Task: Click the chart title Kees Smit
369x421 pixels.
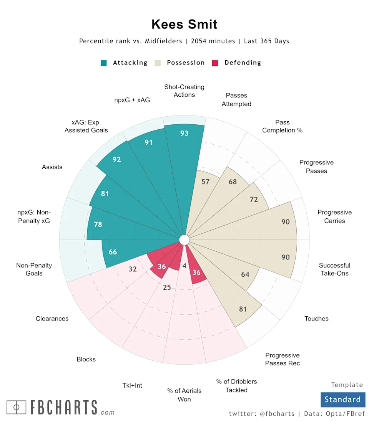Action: pos(184,24)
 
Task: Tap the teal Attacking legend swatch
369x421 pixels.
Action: pos(104,63)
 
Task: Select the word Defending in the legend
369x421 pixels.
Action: pos(243,63)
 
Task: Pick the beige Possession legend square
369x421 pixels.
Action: pos(158,63)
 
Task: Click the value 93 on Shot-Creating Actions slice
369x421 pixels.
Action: pos(184,133)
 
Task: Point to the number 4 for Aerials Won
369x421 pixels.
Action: pos(184,266)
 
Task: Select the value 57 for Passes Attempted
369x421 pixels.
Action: pos(206,182)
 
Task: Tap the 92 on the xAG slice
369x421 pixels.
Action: pos(117,159)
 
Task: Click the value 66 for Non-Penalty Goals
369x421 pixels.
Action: pos(113,252)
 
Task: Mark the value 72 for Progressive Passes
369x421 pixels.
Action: pos(254,200)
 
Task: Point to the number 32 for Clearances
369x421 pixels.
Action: pos(133,269)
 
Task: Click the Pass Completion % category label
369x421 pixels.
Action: pos(283,126)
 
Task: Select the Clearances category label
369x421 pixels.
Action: pos(52,319)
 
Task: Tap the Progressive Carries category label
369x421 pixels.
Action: pos(334,216)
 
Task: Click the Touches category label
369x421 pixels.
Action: pos(316,319)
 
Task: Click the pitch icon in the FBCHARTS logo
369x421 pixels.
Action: pos(17,407)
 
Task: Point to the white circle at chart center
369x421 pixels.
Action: pos(184,240)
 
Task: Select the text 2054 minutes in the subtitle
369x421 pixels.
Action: pos(213,41)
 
